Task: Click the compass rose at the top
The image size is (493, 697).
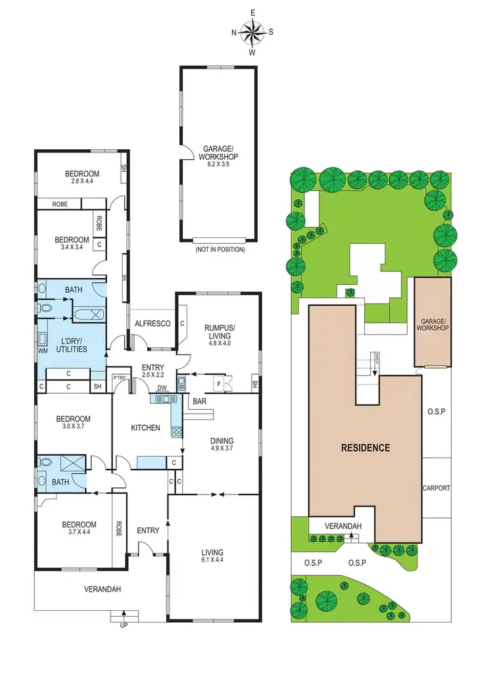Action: pos(252,31)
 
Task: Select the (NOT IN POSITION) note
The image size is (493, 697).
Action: pos(220,250)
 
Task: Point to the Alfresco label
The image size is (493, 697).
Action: pos(153,324)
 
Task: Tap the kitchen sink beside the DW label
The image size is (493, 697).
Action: pos(162,398)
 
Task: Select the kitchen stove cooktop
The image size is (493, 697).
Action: pos(176,432)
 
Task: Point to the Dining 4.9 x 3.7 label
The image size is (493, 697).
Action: pos(222,445)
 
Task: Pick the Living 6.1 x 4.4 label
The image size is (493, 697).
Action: pos(212,556)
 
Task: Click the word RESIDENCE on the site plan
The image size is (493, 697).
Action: pos(365,448)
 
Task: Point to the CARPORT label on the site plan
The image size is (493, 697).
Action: pos(436,488)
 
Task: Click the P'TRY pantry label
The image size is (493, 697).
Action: pos(119,377)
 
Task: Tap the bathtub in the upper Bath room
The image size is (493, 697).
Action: pos(86,313)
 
